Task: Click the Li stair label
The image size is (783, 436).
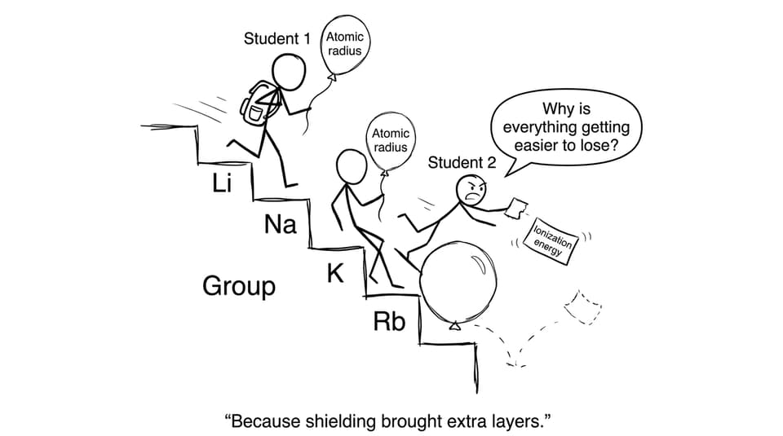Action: (222, 183)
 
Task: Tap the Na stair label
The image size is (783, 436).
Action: (280, 224)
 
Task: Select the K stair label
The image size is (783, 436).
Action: (335, 273)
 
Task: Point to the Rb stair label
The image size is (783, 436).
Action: (389, 321)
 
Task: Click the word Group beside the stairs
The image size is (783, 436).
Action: (239, 286)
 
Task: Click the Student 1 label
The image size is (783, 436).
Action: (276, 38)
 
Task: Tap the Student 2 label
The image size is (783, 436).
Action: (462, 163)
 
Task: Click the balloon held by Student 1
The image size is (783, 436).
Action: (344, 45)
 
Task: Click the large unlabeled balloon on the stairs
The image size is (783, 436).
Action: (458, 284)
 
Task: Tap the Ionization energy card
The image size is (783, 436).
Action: (551, 241)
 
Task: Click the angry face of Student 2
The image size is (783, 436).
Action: (471, 190)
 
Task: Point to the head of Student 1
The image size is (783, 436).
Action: (288, 73)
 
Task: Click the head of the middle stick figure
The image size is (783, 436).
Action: (352, 168)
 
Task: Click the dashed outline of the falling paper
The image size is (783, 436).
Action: (582, 307)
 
